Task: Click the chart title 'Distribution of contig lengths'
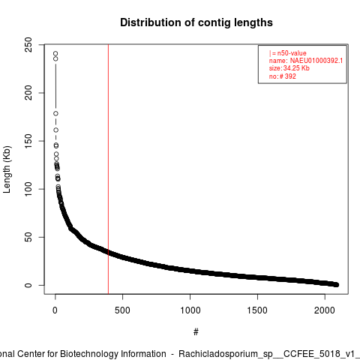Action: point(196,22)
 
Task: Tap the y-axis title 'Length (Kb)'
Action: point(7,169)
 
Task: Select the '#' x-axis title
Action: point(196,332)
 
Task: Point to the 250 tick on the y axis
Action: point(28,45)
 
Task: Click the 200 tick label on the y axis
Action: point(28,93)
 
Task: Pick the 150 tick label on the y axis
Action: point(28,141)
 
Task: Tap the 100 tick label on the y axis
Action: point(28,189)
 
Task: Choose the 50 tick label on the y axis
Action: point(28,237)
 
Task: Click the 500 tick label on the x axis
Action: point(122,310)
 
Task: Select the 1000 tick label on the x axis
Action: point(190,310)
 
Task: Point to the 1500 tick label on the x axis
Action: point(257,310)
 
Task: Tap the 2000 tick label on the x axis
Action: point(325,310)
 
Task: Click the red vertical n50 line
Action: point(108,169)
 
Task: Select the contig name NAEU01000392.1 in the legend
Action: point(316,61)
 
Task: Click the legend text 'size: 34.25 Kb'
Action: point(289,68)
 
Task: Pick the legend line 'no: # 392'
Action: point(283,76)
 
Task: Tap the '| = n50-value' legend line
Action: point(288,53)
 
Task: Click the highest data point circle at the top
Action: point(55,53)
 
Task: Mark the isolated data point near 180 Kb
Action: point(55,113)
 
